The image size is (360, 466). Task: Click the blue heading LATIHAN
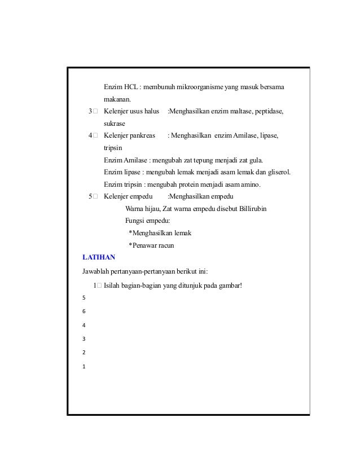(99, 257)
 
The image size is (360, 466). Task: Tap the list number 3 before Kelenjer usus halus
(90, 112)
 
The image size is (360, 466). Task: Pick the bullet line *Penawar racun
(151, 245)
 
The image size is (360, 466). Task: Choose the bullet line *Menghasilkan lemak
(160, 233)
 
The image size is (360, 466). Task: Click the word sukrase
(115, 124)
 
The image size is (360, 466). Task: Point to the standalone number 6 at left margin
(84, 311)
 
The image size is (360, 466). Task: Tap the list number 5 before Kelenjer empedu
(90, 196)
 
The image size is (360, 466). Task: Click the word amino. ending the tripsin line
(257, 184)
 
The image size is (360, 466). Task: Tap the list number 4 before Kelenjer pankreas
(90, 136)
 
